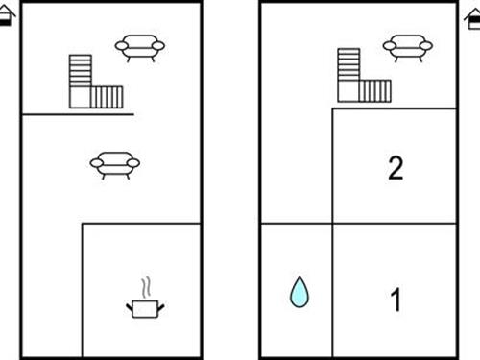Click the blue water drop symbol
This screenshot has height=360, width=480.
300,293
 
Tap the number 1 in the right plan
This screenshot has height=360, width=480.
396,300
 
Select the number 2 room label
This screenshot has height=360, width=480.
396,168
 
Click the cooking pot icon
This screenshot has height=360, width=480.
145,309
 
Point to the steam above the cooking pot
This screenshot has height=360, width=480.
146,288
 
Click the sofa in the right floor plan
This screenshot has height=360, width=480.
408,48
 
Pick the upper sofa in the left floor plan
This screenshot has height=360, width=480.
140,48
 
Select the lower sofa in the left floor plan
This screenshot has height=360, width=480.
115,165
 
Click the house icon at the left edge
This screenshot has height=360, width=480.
7,15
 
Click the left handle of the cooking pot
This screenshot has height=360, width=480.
130,308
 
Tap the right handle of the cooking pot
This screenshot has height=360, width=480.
161,308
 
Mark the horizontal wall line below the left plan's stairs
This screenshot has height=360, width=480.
78,114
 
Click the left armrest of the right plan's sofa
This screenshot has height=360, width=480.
390,46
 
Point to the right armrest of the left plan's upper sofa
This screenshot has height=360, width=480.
158,46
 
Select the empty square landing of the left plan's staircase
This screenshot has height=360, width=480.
80,97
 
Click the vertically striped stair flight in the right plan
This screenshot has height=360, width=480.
375,91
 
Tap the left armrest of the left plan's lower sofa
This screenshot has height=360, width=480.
96,163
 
